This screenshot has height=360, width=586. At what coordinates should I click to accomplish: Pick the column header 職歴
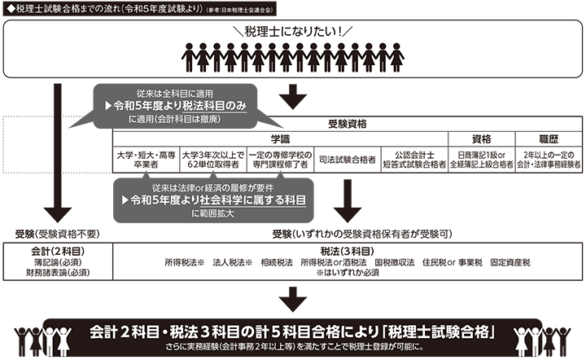(x=547, y=139)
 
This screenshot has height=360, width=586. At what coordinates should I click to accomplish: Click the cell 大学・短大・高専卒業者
(x=146, y=159)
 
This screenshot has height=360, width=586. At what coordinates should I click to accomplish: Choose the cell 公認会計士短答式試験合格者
(x=415, y=159)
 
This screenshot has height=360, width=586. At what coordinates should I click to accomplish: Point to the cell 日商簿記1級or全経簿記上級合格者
(x=483, y=159)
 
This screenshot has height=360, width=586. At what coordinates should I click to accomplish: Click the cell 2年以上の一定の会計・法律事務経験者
(x=548, y=159)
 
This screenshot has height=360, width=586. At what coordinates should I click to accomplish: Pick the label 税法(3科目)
(x=347, y=251)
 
